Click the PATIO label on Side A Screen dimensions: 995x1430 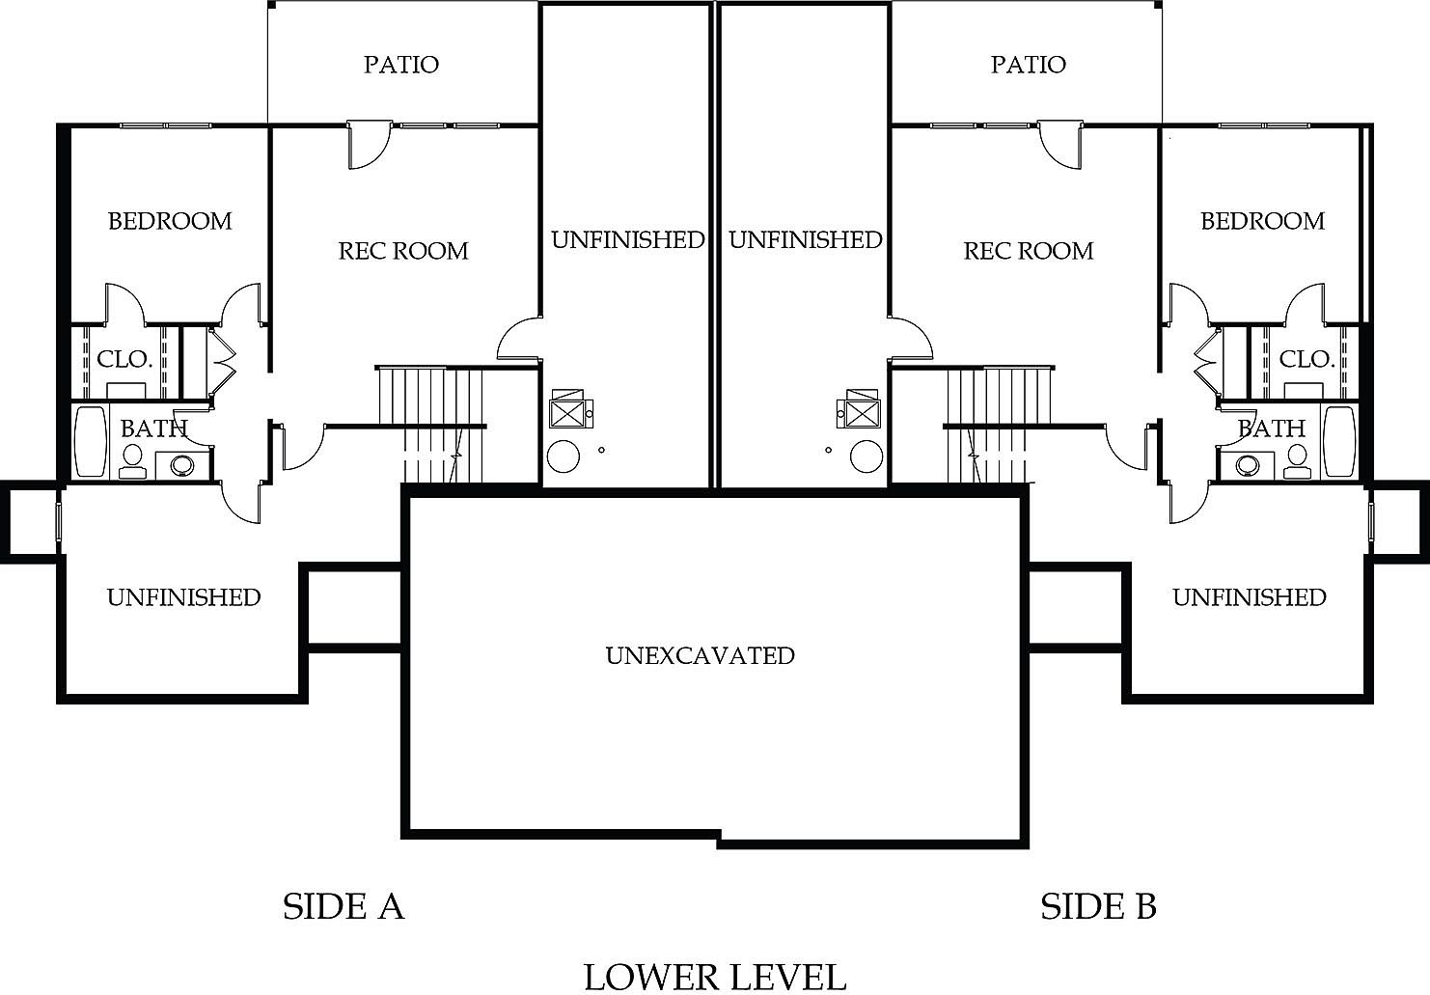tap(401, 65)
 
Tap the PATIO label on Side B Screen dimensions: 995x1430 tap(1028, 65)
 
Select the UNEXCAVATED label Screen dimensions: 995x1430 tap(701, 655)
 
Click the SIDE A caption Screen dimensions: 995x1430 tap(343, 906)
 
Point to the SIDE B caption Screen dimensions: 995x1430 tap(1098, 906)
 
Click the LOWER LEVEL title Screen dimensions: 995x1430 tap(715, 976)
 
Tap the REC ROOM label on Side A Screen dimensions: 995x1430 tap(403, 251)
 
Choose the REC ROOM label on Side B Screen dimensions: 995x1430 tap(1029, 251)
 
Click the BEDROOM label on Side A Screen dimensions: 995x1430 tap(170, 221)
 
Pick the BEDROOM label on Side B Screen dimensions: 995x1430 tap(1262, 221)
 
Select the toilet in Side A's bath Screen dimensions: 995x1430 tap(132, 461)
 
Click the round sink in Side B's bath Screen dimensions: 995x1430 tap(1246, 464)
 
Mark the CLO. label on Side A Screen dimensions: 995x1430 tap(124, 360)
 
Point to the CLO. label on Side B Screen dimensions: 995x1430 tap(1306, 360)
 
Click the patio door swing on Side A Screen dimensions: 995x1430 tap(367, 145)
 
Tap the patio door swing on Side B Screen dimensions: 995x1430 tap(1061, 145)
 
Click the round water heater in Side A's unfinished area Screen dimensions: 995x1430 tap(564, 456)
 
